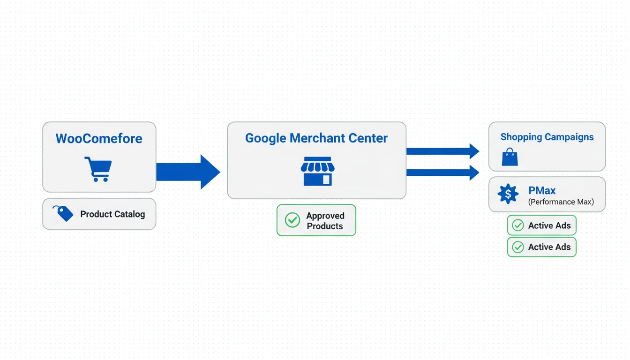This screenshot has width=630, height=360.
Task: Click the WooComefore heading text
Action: click(99, 139)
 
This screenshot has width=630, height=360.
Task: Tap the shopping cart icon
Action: click(98, 169)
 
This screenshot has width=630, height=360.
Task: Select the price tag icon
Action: click(63, 213)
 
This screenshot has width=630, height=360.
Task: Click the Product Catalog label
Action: click(112, 214)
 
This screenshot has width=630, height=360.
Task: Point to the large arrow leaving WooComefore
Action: click(187, 172)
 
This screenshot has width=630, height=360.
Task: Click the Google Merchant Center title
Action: click(316, 138)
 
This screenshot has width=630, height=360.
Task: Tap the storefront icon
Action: click(318, 171)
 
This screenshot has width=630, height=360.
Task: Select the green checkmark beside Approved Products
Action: click(292, 220)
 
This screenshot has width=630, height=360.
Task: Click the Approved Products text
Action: click(325, 221)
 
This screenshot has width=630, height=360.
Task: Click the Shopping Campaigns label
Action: click(547, 137)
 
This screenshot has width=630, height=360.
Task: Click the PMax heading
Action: click(542, 190)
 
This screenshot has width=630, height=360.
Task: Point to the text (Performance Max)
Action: click(561, 202)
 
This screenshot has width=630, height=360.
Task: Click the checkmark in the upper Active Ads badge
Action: click(518, 225)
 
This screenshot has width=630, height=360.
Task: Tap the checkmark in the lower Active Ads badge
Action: click(518, 247)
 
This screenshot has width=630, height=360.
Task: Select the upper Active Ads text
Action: click(549, 225)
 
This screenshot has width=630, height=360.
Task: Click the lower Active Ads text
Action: click(549, 247)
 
